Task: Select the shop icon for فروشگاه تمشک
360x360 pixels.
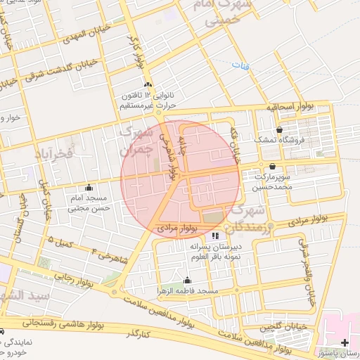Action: [x=280, y=130]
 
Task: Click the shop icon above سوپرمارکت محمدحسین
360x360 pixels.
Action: [x=272, y=167]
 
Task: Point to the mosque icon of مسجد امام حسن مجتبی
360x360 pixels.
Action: [x=89, y=188]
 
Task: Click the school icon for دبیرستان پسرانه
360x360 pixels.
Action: [x=215, y=236]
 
